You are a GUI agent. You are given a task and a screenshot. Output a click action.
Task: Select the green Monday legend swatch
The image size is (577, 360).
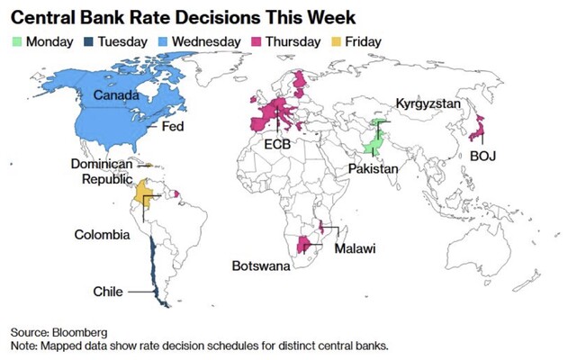pyautogui.click(x=17, y=41)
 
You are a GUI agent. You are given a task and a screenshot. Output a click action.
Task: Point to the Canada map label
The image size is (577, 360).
pyautogui.click(x=104, y=94)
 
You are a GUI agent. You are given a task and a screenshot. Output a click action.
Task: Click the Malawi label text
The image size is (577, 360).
pyautogui.click(x=355, y=247)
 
